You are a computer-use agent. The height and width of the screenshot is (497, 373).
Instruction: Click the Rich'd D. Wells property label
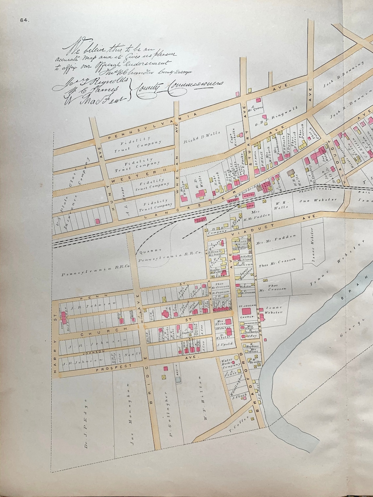200,133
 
